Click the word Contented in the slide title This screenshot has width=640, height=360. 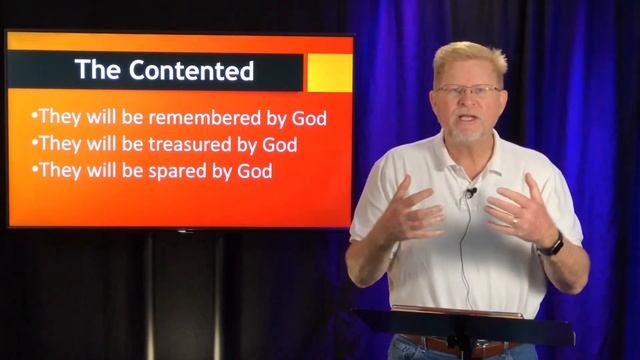click(190, 71)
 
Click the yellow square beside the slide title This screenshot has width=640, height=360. click(329, 73)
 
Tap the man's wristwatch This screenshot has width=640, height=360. click(550, 244)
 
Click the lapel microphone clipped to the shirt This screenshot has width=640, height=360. click(469, 191)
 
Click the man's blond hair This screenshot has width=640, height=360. click(470, 58)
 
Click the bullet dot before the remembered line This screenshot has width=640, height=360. click(35, 119)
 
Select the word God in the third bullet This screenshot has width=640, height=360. click(255, 170)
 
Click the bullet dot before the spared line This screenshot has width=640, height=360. click(35, 171)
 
